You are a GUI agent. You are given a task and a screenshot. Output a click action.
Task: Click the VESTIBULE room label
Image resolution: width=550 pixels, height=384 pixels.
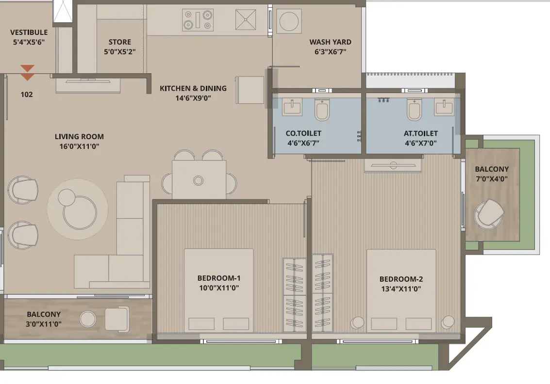[29, 32]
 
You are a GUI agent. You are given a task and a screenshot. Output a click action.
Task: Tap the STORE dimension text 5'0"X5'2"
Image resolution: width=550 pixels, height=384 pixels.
[119, 52]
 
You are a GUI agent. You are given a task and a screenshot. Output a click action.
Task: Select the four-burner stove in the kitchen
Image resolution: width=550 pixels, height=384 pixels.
[198, 19]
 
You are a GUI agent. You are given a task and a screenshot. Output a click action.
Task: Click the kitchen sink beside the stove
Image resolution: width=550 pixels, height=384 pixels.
[246, 19]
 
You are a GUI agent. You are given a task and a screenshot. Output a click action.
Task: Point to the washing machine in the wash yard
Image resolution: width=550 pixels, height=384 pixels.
[289, 21]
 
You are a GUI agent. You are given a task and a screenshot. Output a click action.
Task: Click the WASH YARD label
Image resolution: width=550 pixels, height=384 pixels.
[330, 42]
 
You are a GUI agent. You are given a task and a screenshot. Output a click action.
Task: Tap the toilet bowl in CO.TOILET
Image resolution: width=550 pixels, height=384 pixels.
[322, 109]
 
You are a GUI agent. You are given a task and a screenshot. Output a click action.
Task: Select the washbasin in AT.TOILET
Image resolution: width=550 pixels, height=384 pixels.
[444, 107]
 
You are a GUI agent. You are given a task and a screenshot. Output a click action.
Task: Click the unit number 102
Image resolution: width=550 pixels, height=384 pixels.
[27, 94]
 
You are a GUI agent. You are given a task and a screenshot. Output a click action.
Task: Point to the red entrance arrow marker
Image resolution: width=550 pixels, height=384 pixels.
[27, 73]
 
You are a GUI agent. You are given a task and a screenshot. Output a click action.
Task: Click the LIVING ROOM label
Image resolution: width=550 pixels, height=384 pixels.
[79, 137]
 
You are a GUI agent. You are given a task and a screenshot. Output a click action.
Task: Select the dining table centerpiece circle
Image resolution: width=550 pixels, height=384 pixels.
[198, 181]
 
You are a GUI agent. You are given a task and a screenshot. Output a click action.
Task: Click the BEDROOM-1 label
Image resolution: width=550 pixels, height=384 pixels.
[219, 278]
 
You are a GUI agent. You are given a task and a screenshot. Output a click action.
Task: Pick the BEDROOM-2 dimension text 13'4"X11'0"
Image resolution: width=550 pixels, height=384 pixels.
[401, 289]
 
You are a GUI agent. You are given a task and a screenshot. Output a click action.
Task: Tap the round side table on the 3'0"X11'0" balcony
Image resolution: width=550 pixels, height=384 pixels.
[88, 319]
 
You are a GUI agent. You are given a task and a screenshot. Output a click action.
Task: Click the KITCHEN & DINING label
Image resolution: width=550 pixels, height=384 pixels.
[193, 88]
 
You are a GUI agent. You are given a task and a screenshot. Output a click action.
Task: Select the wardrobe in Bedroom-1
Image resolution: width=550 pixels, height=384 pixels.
[294, 295]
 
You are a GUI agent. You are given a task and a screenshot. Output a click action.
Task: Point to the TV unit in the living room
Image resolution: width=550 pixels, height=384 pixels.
[88, 85]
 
